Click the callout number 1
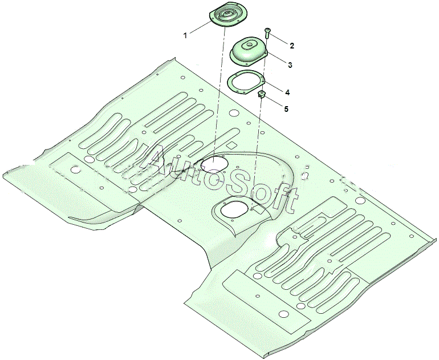pyautogui.click(x=185, y=35)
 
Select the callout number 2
pyautogui.click(x=292, y=46)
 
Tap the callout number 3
pyautogui.click(x=290, y=65)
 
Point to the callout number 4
pyautogui.click(x=287, y=92)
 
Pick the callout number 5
pyautogui.click(x=286, y=109)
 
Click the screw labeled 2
pyautogui.click(x=267, y=33)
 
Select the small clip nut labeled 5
pyautogui.click(x=262, y=94)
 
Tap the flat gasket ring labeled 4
pyautogui.click(x=246, y=81)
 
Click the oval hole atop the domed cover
pyautogui.click(x=249, y=44)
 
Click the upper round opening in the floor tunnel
pyautogui.click(x=214, y=164)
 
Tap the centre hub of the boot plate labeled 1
pyautogui.click(x=225, y=13)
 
